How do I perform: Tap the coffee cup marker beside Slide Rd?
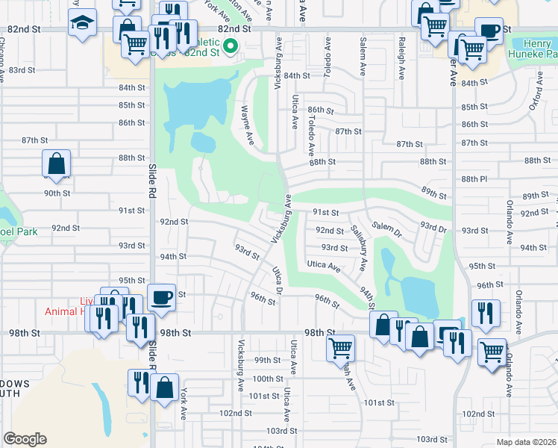(162, 297)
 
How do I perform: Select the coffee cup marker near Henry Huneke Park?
(489, 31)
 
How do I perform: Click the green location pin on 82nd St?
(231, 47)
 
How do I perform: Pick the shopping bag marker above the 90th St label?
(56, 163)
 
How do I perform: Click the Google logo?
(25, 439)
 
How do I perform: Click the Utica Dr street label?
(278, 279)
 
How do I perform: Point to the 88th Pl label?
(474, 179)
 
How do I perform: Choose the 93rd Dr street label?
(433, 225)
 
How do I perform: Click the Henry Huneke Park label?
(533, 48)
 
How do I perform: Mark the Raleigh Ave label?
(401, 60)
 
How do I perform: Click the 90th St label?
(56, 193)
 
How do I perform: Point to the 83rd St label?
(22, 69)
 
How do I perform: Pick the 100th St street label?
(268, 379)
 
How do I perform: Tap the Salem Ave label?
(363, 57)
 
